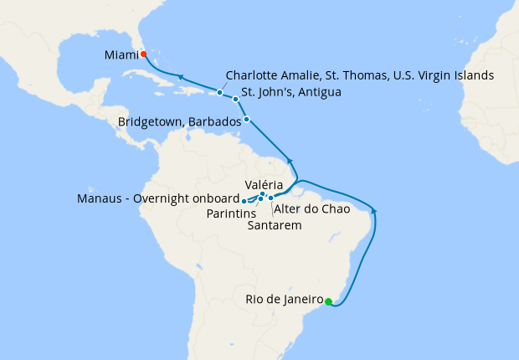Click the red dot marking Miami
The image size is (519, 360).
tap(143, 54)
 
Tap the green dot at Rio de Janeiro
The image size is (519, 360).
tap(328, 301)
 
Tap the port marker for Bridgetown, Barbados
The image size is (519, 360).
tap(246, 120)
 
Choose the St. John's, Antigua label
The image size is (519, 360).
tap(290, 91)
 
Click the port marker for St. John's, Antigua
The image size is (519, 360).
tap(236, 99)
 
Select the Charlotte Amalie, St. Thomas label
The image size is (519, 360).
tap(360, 75)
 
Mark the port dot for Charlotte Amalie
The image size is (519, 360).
tap(220, 92)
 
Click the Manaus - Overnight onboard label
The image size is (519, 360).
tap(157, 200)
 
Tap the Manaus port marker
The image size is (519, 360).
tap(244, 201)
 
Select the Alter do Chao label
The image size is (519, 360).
tap(311, 208)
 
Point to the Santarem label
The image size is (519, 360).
tap(275, 224)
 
